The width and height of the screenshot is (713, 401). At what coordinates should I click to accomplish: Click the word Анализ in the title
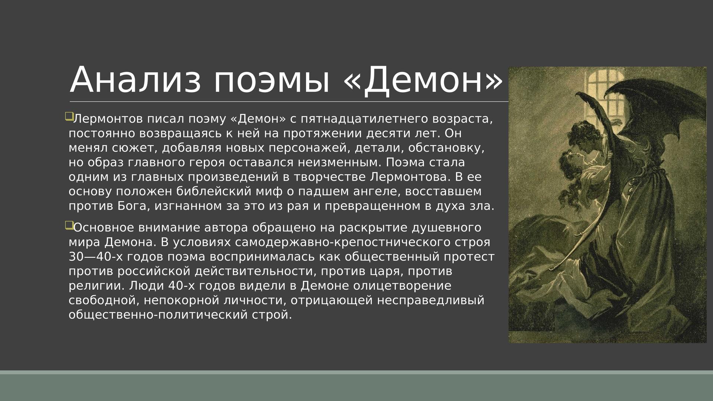coord(135,80)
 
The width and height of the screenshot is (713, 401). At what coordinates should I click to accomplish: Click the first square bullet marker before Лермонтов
coord(69,117)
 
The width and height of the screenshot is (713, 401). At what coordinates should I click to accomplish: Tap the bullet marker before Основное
coord(69,225)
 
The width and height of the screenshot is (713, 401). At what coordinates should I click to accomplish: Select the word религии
coord(97,286)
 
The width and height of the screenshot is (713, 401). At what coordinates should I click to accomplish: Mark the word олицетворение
coord(402,286)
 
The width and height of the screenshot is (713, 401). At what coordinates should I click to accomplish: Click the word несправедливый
coord(431,300)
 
